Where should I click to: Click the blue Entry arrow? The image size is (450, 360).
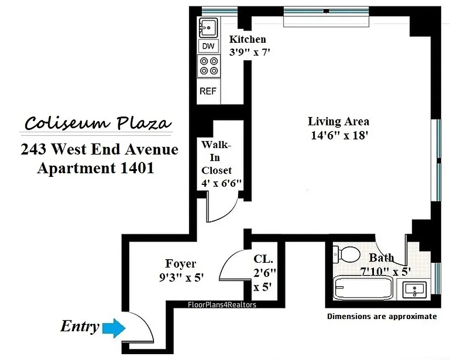pyautogui.click(x=113, y=328)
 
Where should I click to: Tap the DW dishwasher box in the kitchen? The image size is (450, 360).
pyautogui.click(x=208, y=46)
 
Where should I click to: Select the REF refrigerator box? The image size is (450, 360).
pyautogui.click(x=208, y=91)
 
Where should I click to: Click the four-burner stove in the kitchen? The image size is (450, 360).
pyautogui.click(x=208, y=66)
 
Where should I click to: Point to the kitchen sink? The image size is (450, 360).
pyautogui.click(x=208, y=28)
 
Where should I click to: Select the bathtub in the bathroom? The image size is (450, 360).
pyautogui.click(x=363, y=288)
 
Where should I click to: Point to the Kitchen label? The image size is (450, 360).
pyautogui.click(x=247, y=39)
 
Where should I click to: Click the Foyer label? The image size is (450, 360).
pyautogui.click(x=180, y=264)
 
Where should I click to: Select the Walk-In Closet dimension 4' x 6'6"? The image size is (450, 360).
pyautogui.click(x=222, y=183)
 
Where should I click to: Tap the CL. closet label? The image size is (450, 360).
pyautogui.click(x=263, y=259)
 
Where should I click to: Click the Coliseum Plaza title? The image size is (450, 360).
pyautogui.click(x=98, y=123)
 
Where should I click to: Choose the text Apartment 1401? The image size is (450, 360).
pyautogui.click(x=95, y=168)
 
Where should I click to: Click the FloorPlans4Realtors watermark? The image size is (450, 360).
pyautogui.click(x=221, y=305)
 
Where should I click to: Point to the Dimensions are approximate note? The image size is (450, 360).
pyautogui.click(x=382, y=316)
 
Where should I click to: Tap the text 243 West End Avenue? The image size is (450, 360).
pyautogui.click(x=99, y=149)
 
